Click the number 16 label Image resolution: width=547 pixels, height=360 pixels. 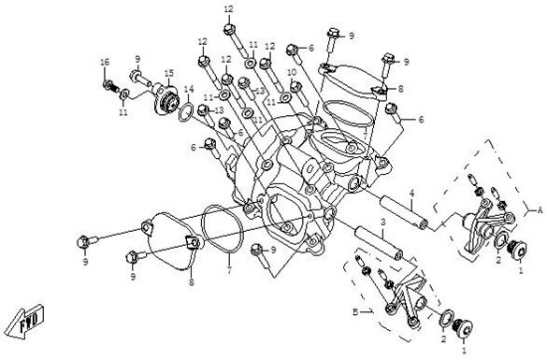pos(105,62)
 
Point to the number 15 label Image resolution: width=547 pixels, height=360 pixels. pos(169,74)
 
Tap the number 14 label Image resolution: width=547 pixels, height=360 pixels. pos(189,89)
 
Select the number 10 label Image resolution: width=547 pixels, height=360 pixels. pos(292,72)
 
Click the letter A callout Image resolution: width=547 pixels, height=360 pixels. pos(540,209)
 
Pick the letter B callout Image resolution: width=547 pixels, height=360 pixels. pos(355,312)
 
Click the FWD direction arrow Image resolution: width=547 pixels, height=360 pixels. pos(26,322)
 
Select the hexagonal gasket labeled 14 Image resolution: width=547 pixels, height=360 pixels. pos(186,112)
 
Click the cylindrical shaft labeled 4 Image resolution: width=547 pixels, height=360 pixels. pos(404,212)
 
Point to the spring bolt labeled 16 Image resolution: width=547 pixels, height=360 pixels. pos(111,86)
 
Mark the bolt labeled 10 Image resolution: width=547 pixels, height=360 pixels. pos(299,93)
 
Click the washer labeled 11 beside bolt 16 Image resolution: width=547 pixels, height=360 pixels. pos(124,94)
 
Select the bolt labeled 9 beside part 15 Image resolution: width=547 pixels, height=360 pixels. pos(140,79)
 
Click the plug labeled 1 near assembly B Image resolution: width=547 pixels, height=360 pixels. pos(462,326)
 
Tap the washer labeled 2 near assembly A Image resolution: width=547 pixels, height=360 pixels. pos(500,241)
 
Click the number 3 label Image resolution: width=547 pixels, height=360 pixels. pos(382,223)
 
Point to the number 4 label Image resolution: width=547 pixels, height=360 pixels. pos(411,193)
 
